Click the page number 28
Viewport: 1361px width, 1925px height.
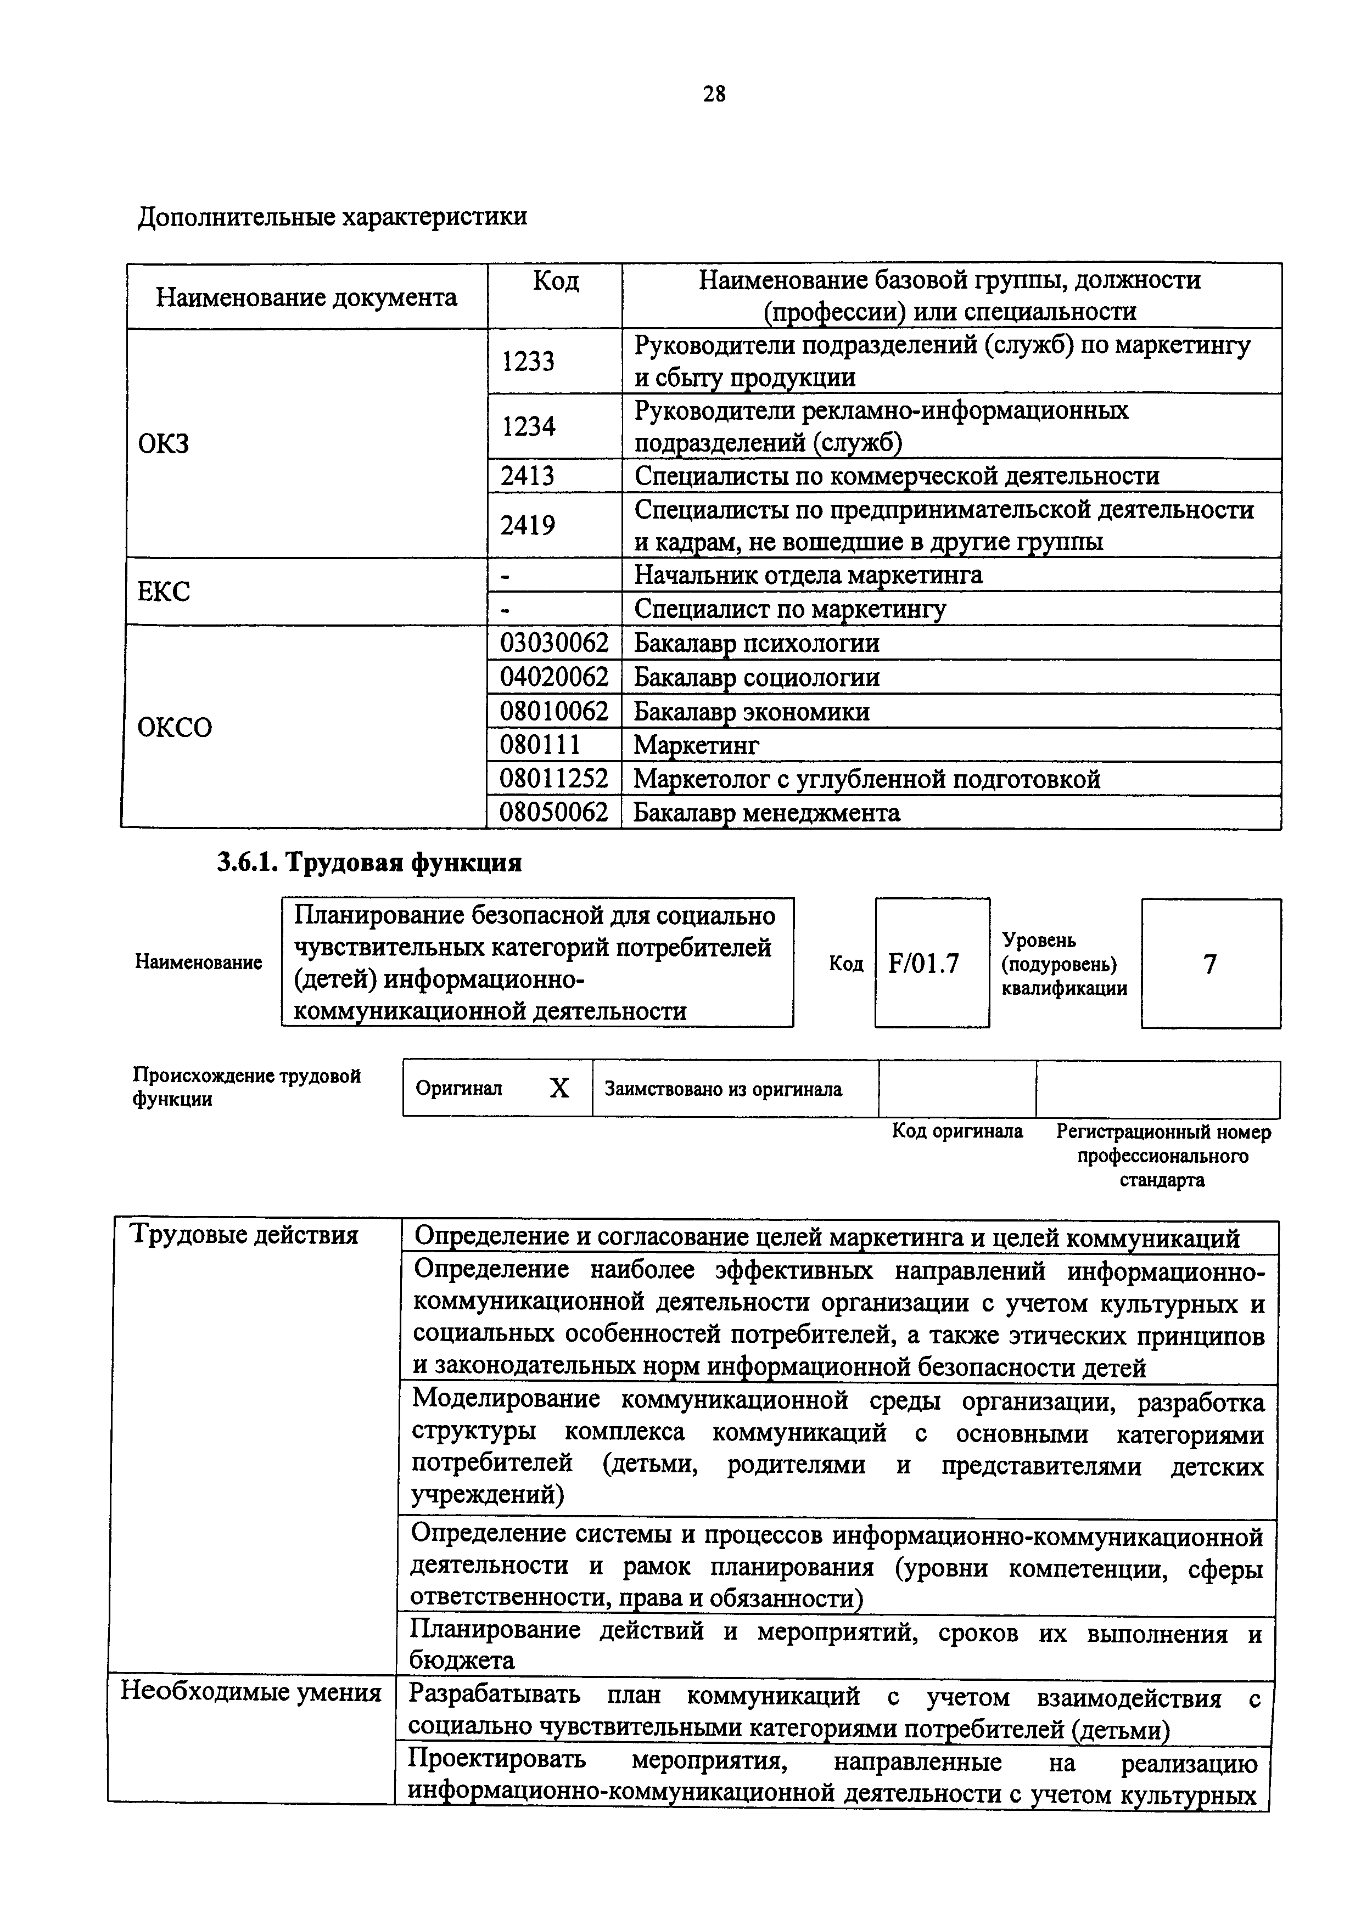tap(714, 94)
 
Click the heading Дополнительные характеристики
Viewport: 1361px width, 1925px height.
tap(332, 216)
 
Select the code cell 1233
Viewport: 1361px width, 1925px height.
tap(528, 362)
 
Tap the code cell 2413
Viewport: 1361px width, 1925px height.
tap(528, 476)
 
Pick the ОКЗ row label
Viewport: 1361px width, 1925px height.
tap(164, 443)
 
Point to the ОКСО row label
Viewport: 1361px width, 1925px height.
tap(175, 727)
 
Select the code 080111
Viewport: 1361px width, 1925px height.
tap(540, 745)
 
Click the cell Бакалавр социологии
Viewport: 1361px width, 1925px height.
tap(757, 678)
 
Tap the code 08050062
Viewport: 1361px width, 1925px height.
tap(553, 813)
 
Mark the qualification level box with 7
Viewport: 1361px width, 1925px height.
tap(1209, 964)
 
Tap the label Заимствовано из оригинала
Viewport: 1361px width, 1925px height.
tap(723, 1089)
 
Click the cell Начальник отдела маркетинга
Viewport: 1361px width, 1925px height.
tap(808, 575)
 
